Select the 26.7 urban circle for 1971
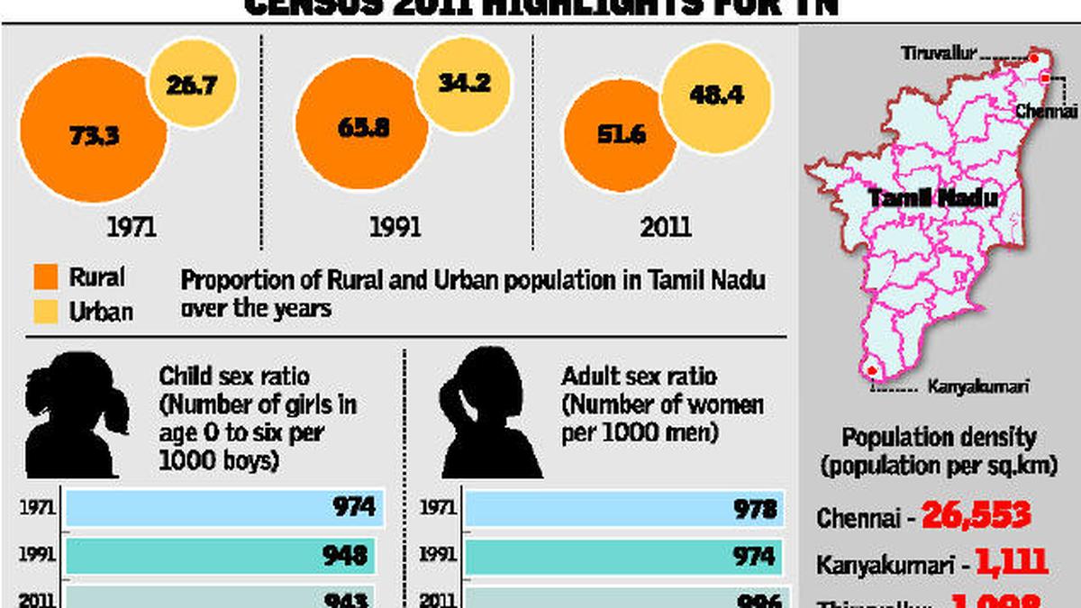192,86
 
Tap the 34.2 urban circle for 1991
464,83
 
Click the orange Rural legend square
45,276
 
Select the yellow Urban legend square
45,312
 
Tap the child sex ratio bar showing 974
225,508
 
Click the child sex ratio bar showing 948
221,556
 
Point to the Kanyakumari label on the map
977,388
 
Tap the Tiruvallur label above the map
939,54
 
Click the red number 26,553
976,516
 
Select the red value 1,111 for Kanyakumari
1010,563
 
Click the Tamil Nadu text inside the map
932,198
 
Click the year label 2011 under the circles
665,226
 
